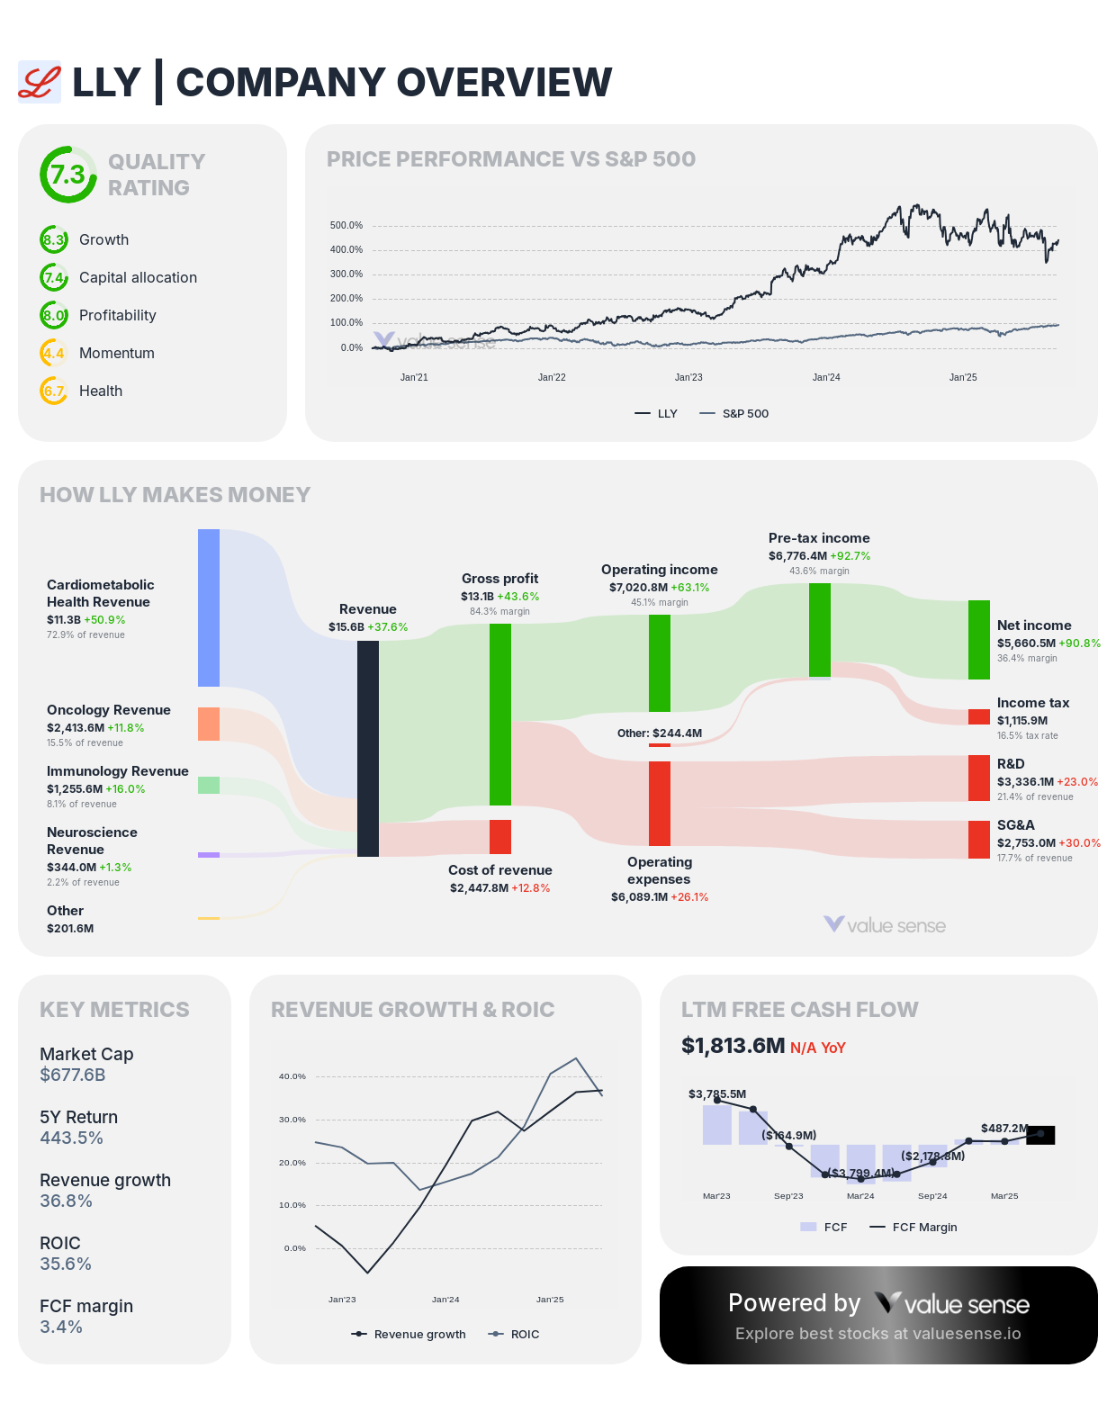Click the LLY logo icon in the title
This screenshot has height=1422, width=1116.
pos(40,82)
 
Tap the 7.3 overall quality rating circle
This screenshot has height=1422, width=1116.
pos(67,175)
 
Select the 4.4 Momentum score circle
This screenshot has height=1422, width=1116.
pos(54,353)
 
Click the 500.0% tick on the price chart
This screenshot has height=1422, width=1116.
pos(346,226)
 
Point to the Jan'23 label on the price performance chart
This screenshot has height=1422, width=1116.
pos(688,377)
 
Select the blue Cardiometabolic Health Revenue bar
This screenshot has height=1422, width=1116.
pos(209,607)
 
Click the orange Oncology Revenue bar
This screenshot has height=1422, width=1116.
pos(209,724)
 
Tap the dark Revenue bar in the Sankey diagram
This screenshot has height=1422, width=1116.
pos(368,748)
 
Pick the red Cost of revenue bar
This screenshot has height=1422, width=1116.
pos(500,836)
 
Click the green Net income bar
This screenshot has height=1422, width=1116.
pos(979,640)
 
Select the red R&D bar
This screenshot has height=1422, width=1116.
pos(979,778)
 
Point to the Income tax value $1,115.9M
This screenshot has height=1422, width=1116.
pos(1022,721)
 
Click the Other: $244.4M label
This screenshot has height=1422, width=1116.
pos(660,733)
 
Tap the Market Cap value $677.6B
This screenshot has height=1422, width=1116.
pos(73,1075)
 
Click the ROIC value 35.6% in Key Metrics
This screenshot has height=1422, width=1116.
pos(66,1264)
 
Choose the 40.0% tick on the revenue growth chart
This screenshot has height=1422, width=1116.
pos(292,1076)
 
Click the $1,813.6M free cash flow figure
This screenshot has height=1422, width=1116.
pos(733,1046)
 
